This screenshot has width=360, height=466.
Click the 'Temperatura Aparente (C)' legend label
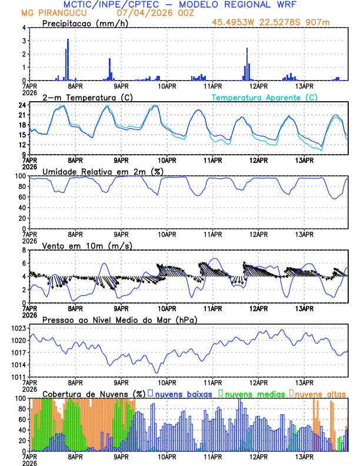click(x=265, y=97)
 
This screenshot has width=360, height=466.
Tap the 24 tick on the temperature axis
click(x=21, y=105)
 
